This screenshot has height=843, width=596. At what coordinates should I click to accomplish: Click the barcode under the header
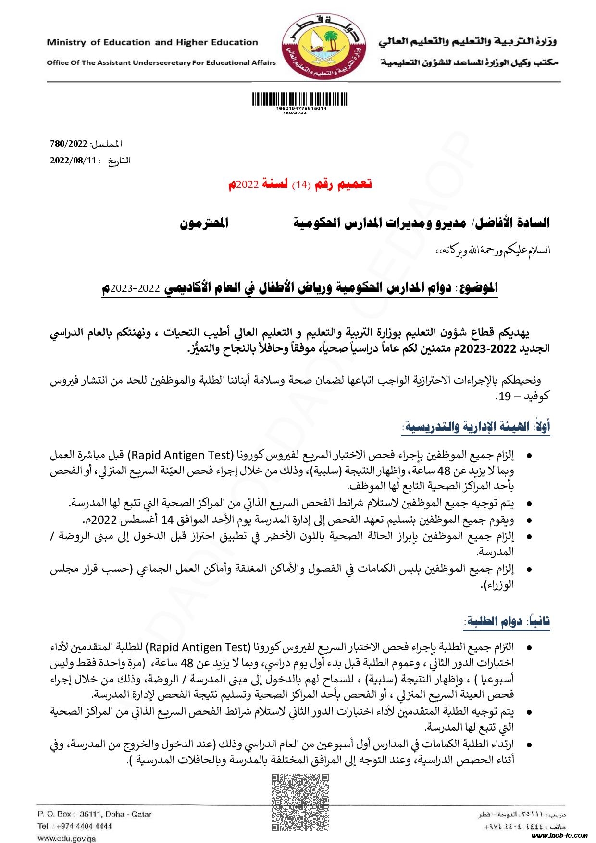click(x=299, y=99)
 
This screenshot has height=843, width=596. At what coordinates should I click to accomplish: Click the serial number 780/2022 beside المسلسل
click(x=69, y=144)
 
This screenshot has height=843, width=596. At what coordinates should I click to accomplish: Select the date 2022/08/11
click(x=73, y=161)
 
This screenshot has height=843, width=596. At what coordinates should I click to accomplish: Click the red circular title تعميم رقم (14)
click(x=300, y=184)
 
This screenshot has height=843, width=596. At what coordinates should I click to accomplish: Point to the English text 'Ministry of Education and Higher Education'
click(x=152, y=42)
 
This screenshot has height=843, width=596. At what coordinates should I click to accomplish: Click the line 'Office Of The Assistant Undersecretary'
click(x=161, y=62)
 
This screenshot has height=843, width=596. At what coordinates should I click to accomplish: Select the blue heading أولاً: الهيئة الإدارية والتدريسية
click(x=476, y=426)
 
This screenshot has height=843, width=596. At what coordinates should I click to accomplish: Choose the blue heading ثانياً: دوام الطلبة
click(x=507, y=621)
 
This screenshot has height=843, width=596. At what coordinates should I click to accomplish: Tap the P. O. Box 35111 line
click(x=94, y=814)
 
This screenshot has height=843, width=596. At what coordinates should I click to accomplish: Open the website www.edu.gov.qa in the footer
click(x=67, y=838)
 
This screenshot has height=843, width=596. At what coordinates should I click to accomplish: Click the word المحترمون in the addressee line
click(x=204, y=223)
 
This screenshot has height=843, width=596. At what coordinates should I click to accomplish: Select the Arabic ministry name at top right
click(x=467, y=41)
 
